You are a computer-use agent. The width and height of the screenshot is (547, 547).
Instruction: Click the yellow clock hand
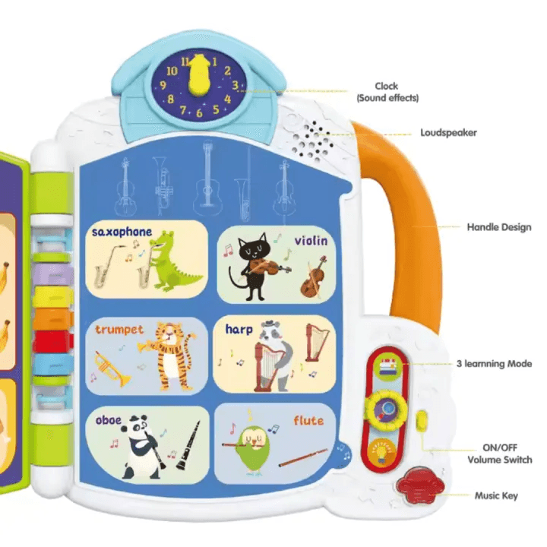(x=199, y=75)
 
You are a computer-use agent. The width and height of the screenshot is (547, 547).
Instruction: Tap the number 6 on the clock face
(x=199, y=113)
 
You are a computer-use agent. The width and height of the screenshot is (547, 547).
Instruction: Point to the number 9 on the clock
(x=163, y=85)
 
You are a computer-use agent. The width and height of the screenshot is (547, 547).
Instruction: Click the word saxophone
(x=122, y=232)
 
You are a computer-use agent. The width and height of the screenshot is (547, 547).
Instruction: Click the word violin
(x=311, y=240)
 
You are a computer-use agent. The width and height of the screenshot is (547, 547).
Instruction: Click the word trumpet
(x=119, y=330)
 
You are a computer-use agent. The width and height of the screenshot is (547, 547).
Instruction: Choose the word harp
(x=239, y=329)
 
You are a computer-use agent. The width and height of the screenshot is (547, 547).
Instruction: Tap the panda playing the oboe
(x=143, y=447)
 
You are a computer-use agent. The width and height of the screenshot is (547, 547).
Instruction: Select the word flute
(x=308, y=420)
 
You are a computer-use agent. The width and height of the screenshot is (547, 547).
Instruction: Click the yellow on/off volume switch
(x=422, y=419)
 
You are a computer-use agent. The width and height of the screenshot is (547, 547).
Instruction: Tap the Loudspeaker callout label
(x=448, y=132)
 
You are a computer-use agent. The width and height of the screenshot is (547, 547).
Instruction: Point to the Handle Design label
(x=499, y=227)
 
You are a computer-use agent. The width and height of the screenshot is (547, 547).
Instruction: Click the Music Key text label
(x=496, y=495)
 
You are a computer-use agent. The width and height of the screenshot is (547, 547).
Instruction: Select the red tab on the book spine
(x=52, y=341)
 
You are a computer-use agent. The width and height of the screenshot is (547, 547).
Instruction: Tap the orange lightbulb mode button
(x=383, y=451)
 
